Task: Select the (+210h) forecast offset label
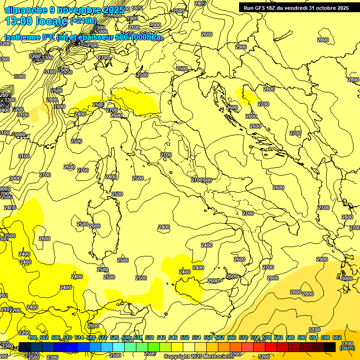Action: (x=83, y=21)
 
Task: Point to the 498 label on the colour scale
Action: (x=32, y=337)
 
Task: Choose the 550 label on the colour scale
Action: (x=185, y=337)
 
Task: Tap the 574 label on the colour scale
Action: (x=255, y=337)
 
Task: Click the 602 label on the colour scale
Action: (x=337, y=337)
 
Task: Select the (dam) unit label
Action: (x=347, y=348)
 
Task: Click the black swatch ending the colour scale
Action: (x=330, y=347)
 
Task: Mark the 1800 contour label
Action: (x=137, y=8)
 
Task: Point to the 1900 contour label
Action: (x=132, y=18)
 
